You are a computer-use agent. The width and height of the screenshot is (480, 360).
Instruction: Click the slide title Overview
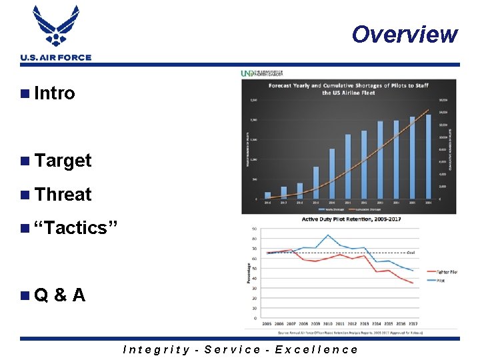pos(405,34)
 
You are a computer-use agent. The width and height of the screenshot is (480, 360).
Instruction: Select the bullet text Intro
pos(54,93)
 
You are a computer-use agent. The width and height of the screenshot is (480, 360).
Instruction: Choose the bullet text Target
pos(63,161)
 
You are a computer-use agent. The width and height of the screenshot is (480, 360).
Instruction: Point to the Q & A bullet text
pos(59,295)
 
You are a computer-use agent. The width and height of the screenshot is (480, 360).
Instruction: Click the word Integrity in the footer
pos(156,349)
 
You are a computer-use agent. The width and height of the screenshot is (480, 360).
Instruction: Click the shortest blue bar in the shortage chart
pos(267,195)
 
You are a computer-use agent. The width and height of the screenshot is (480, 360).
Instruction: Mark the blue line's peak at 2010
pos(327,235)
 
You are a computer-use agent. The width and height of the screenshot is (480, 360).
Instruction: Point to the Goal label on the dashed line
pos(412,253)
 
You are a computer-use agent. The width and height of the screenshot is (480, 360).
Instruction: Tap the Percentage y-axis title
pos(249,274)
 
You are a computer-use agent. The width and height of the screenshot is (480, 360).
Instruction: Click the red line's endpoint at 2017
pos(413,283)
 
